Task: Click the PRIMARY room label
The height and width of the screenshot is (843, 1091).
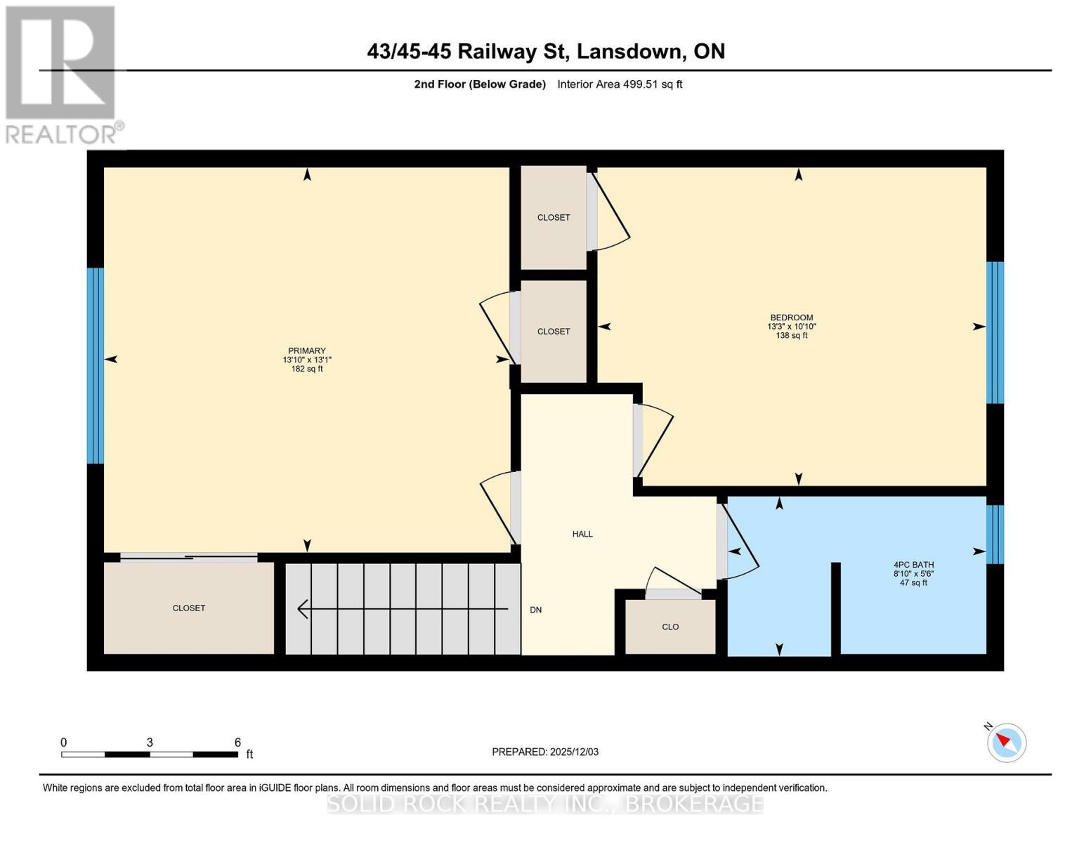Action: (x=307, y=351)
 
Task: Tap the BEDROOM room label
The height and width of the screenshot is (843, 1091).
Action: (x=791, y=318)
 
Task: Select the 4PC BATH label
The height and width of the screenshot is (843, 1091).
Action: (x=913, y=564)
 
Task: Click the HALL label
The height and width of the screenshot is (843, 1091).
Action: (x=582, y=534)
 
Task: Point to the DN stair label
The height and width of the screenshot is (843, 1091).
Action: (x=535, y=610)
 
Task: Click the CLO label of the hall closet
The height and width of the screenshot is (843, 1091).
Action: (x=670, y=627)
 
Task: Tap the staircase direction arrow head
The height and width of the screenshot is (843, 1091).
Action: (x=303, y=609)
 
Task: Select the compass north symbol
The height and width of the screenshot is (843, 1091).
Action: (x=1006, y=742)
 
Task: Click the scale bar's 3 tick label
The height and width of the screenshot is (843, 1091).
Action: (x=150, y=743)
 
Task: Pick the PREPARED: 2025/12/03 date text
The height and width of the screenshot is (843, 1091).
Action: (x=545, y=752)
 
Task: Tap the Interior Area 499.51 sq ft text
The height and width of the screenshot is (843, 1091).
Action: (x=620, y=84)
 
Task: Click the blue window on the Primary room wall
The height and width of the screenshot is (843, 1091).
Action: (x=96, y=365)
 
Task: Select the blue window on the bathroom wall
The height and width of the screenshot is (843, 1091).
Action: (x=995, y=535)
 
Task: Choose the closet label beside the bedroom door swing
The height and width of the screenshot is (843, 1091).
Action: (x=554, y=217)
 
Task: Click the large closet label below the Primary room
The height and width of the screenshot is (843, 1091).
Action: (x=189, y=608)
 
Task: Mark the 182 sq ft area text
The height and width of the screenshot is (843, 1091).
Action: (x=307, y=369)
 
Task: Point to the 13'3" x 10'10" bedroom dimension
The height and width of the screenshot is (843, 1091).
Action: (x=791, y=327)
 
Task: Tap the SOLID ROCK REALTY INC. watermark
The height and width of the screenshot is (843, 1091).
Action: (x=545, y=804)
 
